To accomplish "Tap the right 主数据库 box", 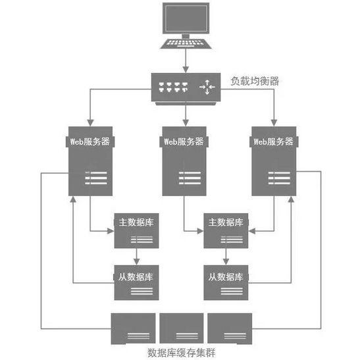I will click(x=226, y=230).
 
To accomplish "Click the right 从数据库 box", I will click(x=226, y=282).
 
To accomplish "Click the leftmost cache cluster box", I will click(x=134, y=327).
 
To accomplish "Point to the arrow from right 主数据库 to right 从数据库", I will click(x=226, y=256).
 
